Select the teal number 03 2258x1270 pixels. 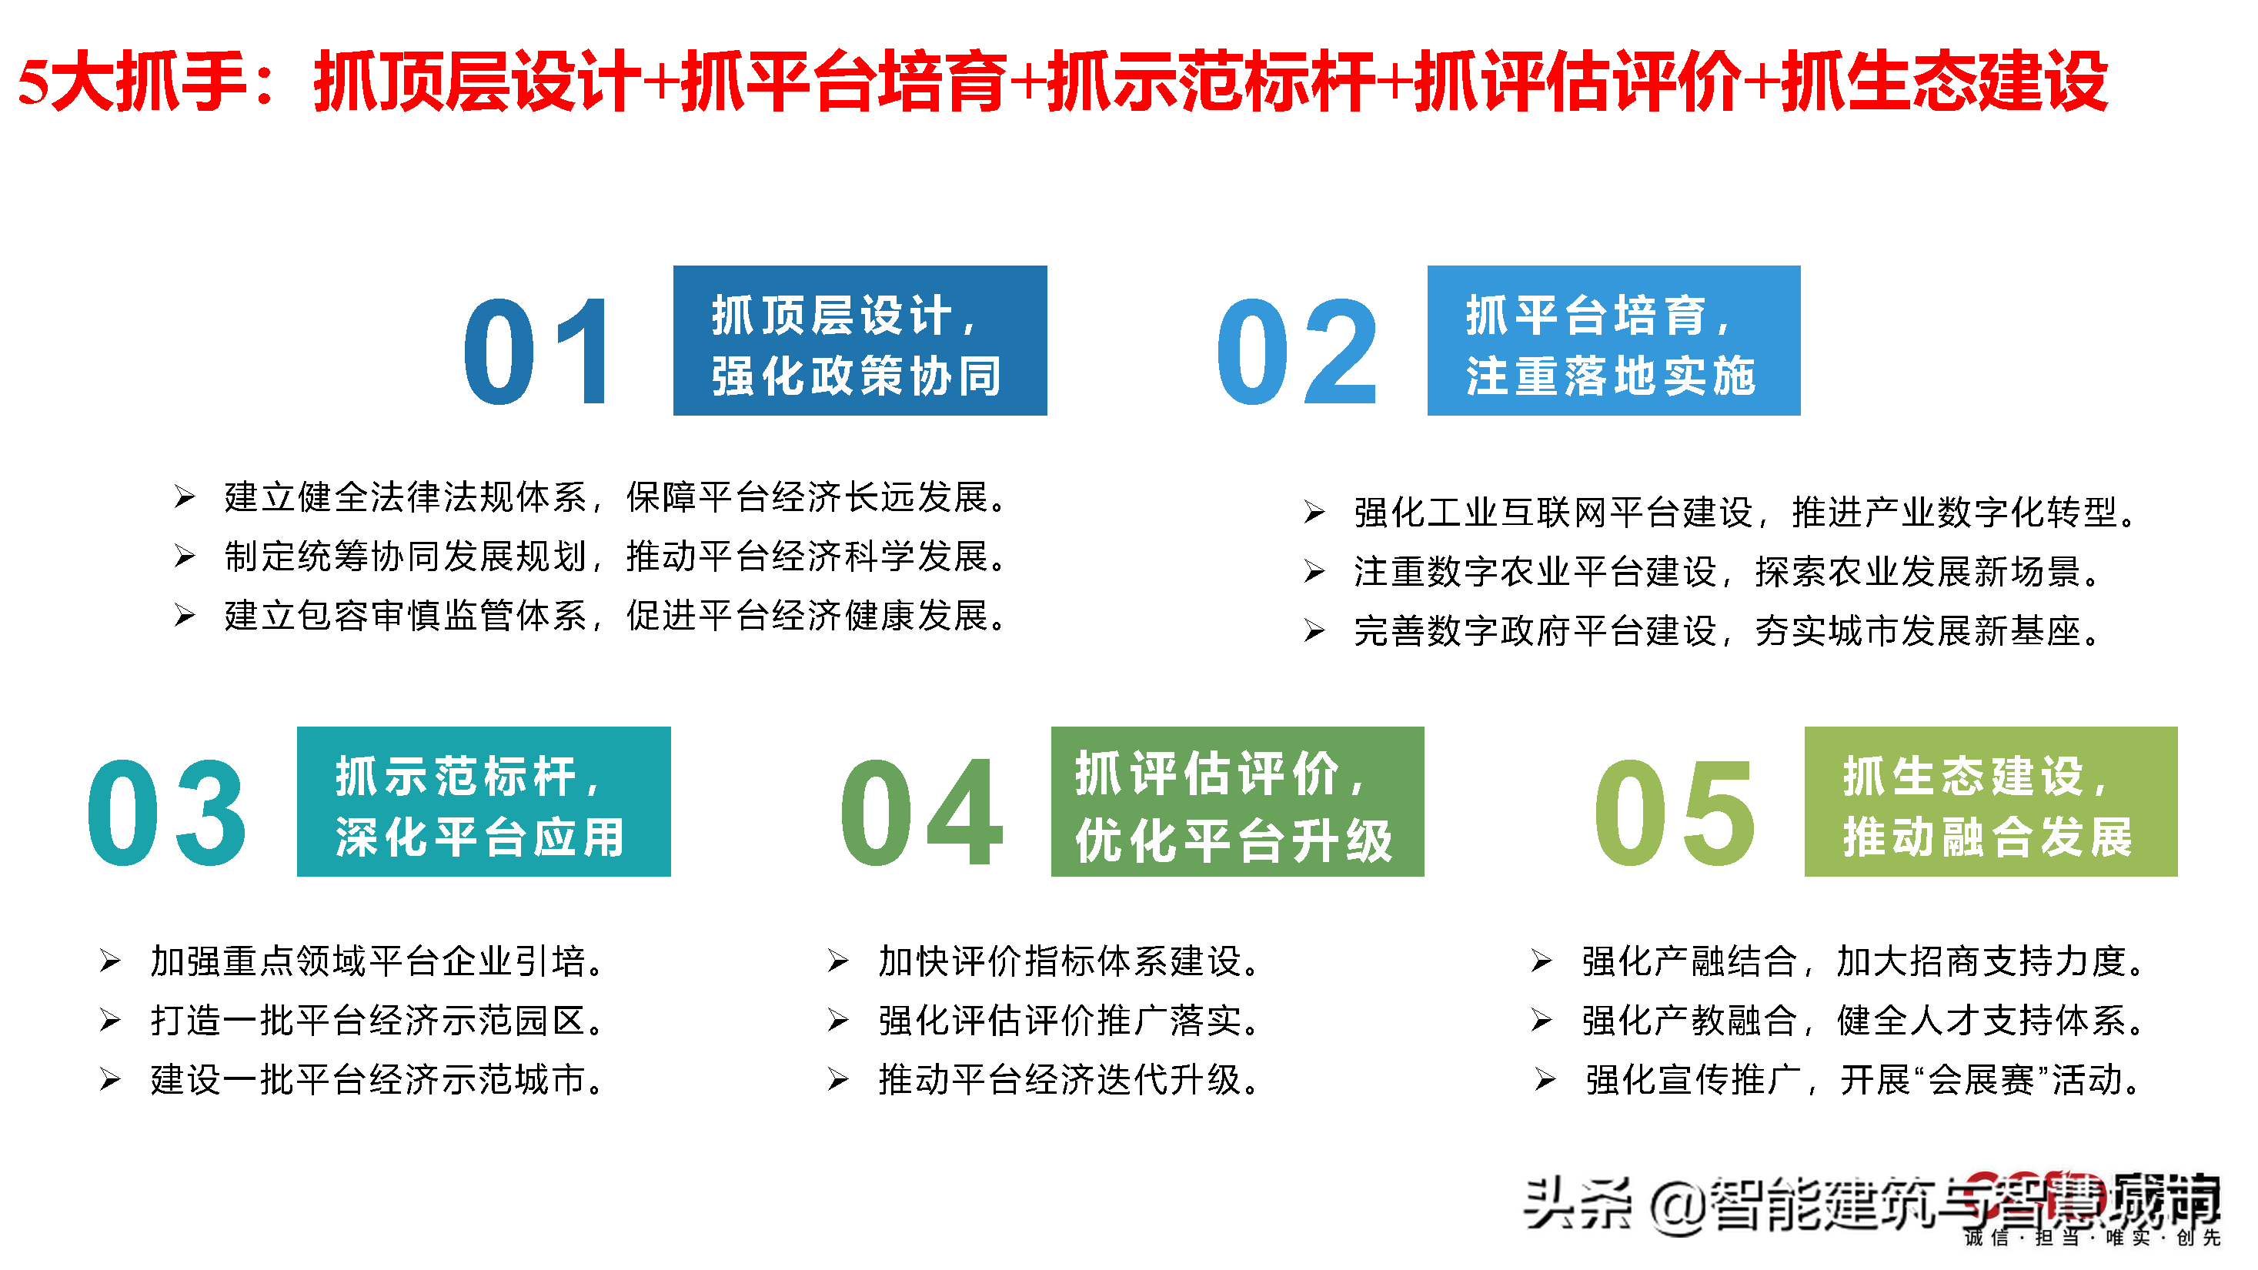click(166, 813)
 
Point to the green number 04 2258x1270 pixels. click(920, 813)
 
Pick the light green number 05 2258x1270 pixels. click(1674, 813)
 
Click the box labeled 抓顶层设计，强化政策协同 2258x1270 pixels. click(859, 340)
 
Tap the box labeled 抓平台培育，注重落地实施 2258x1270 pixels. click(1613, 340)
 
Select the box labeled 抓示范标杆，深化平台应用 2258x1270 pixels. click(483, 801)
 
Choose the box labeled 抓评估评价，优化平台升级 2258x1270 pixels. click(1237, 801)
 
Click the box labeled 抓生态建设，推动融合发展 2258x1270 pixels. click(1991, 801)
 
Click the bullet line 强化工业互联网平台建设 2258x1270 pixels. click(1745, 512)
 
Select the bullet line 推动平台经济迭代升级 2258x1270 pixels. click(1070, 1079)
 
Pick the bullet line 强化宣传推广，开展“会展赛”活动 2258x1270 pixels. click(1862, 1079)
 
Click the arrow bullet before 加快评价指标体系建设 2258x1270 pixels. click(838, 961)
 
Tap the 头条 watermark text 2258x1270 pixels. click(1578, 1205)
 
